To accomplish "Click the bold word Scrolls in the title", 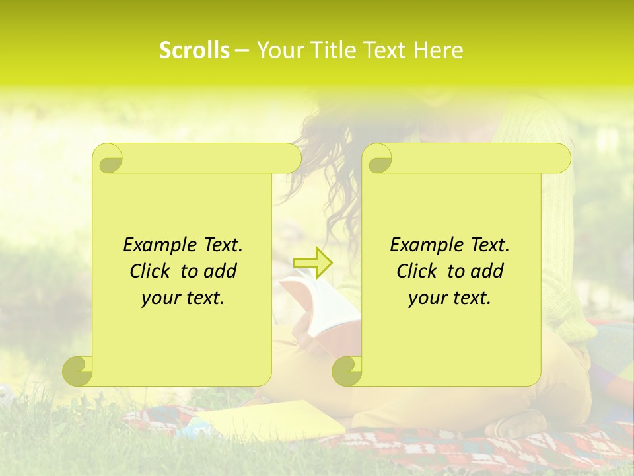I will pyautogui.click(x=195, y=50).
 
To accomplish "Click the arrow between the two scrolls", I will pyautogui.click(x=312, y=262).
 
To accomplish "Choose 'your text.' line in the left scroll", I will pyautogui.click(x=183, y=298).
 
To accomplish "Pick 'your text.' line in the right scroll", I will pyautogui.click(x=450, y=298).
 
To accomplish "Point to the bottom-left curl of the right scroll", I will pyautogui.click(x=347, y=371).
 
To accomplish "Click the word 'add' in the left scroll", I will pyautogui.click(x=221, y=271).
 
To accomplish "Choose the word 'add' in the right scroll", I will pyautogui.click(x=487, y=271).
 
